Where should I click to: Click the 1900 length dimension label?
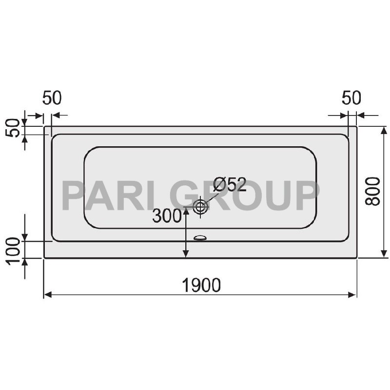201,285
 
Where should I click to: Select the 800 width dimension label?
373,190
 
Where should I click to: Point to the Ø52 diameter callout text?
229,185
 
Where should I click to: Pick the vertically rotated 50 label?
14,128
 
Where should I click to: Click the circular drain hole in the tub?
200,207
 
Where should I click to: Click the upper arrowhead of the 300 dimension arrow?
185,212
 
